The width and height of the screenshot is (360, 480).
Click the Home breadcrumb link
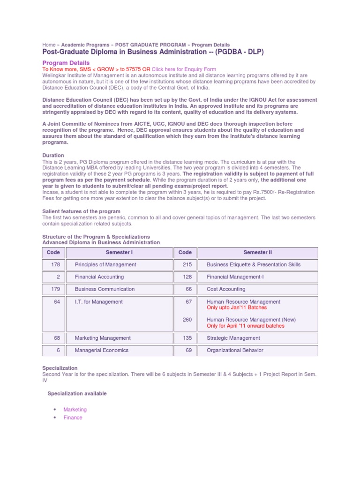49,45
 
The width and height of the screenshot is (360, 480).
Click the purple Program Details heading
66,63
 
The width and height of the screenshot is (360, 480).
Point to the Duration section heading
53,155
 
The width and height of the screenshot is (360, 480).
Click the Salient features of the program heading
81,211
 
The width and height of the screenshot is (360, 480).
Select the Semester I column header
119,253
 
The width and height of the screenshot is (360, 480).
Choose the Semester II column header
257,253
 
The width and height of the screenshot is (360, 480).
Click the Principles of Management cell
105,265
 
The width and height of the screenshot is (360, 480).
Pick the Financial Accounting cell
99,277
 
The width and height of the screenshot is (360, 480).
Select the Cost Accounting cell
226,289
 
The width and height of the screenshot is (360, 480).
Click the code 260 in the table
187,320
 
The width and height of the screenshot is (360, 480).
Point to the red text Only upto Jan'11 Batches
237,308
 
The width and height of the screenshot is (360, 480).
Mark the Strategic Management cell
233,338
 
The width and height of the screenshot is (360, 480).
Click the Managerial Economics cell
101,350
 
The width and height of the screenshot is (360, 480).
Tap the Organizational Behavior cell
235,350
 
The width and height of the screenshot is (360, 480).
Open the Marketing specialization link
75,410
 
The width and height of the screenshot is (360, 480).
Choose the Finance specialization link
73,418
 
